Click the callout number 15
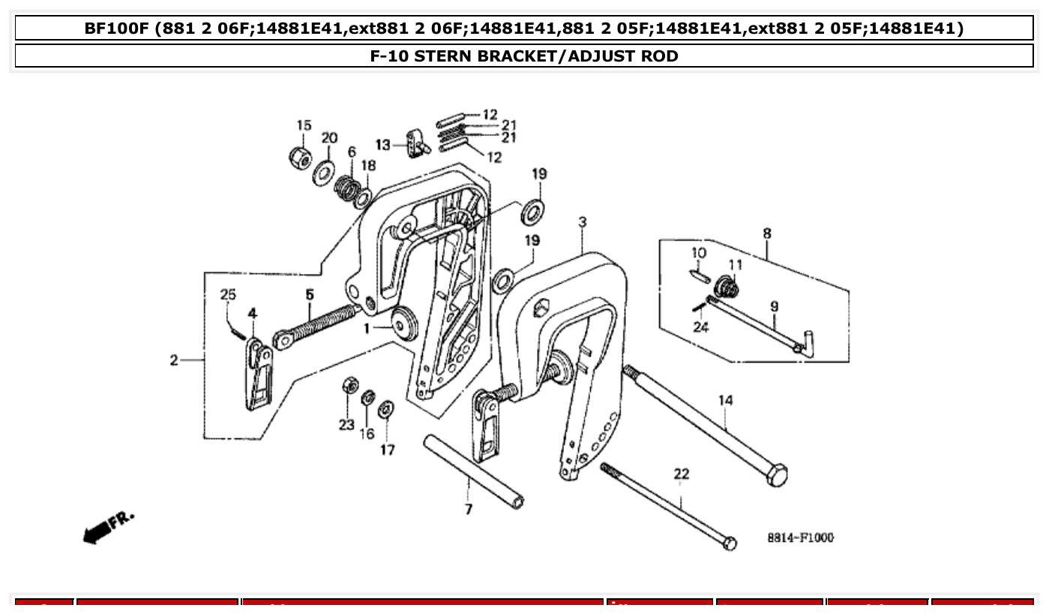point(303,125)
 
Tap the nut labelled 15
point(301,157)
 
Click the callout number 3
point(582,222)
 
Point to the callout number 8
point(766,233)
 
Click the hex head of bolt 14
point(777,475)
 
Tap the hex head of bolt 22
point(729,543)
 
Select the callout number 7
point(469,510)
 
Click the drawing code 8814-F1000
point(800,538)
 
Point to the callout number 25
point(227,295)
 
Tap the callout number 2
point(174,361)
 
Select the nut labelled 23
point(349,386)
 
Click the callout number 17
point(387,450)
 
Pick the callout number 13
point(383,145)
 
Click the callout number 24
point(700,327)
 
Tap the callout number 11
point(735,265)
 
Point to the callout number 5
point(310,295)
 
